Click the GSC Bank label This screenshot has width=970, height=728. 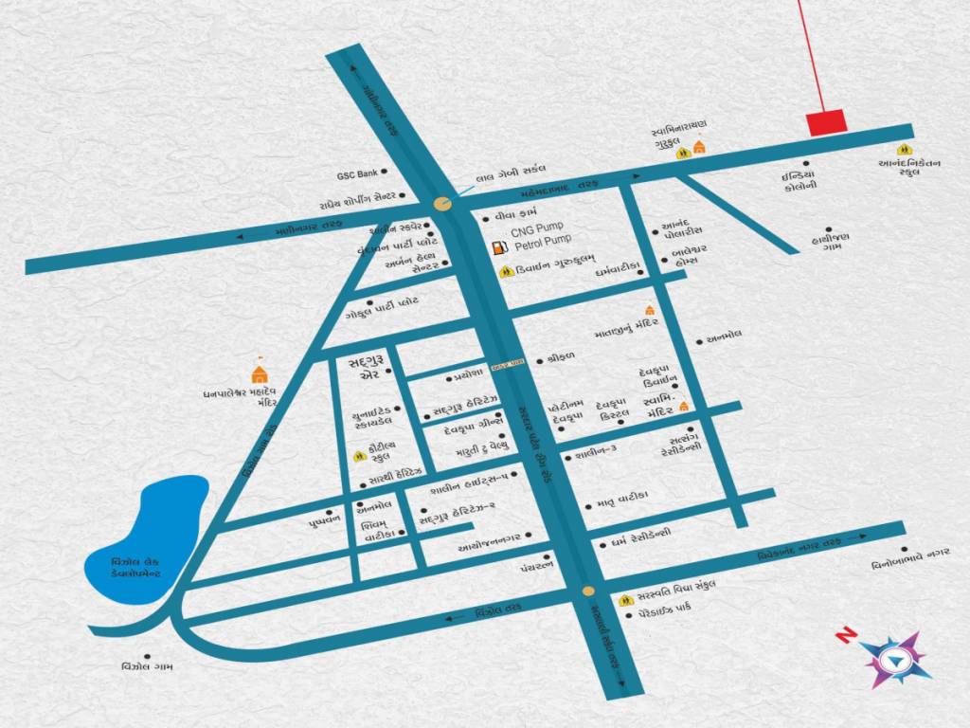click(357, 174)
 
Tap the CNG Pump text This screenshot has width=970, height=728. click(536, 229)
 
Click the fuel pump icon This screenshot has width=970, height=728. click(496, 246)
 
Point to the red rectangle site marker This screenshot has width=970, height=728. click(825, 123)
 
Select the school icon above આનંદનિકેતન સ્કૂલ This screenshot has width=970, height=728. click(905, 149)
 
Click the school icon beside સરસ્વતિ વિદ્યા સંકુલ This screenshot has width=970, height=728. click(625, 600)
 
